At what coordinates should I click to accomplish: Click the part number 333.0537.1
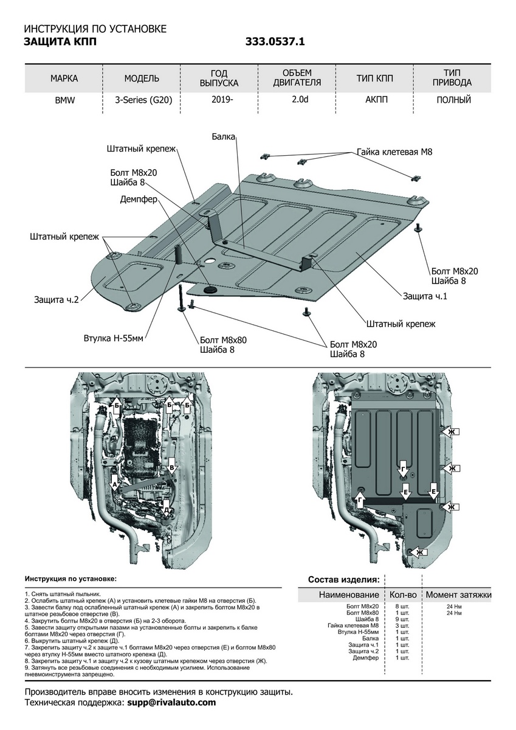(275, 42)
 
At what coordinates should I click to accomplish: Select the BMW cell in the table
(64, 100)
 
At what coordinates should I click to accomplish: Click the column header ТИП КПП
(375, 78)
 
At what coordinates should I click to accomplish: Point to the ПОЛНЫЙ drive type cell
(453, 100)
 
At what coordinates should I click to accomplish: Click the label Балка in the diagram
(223, 137)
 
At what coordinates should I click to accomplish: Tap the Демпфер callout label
(139, 199)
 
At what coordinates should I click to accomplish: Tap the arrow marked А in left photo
(114, 484)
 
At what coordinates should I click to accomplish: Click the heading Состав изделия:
(344, 579)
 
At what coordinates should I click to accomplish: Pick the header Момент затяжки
(458, 594)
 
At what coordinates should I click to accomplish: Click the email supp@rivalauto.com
(171, 702)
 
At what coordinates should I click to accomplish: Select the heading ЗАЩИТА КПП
(60, 42)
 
